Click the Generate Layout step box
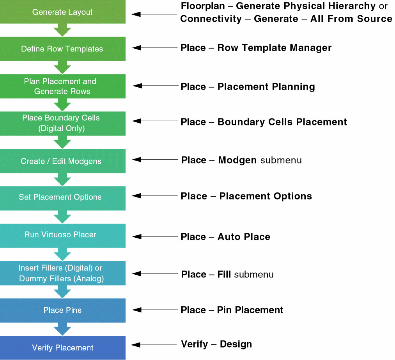62,12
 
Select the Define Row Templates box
62,49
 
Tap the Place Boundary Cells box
62,123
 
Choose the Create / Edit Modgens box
62,161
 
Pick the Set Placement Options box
62,198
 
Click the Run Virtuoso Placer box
62,235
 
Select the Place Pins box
62,311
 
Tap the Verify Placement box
62,348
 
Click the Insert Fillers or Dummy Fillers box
62,273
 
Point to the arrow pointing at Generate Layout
154,14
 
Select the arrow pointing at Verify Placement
154,345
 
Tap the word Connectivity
211,19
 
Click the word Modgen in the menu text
237,160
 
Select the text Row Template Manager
275,48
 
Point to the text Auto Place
244,237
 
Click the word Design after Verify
236,344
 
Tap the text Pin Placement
250,310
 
